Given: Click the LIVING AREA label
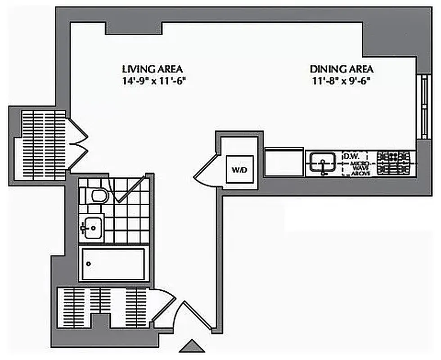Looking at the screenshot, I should coord(152,69).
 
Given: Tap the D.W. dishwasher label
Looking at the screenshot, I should coord(351,156).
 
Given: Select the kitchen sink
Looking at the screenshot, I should coord(322,163).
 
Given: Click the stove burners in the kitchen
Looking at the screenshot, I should coord(394,163).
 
